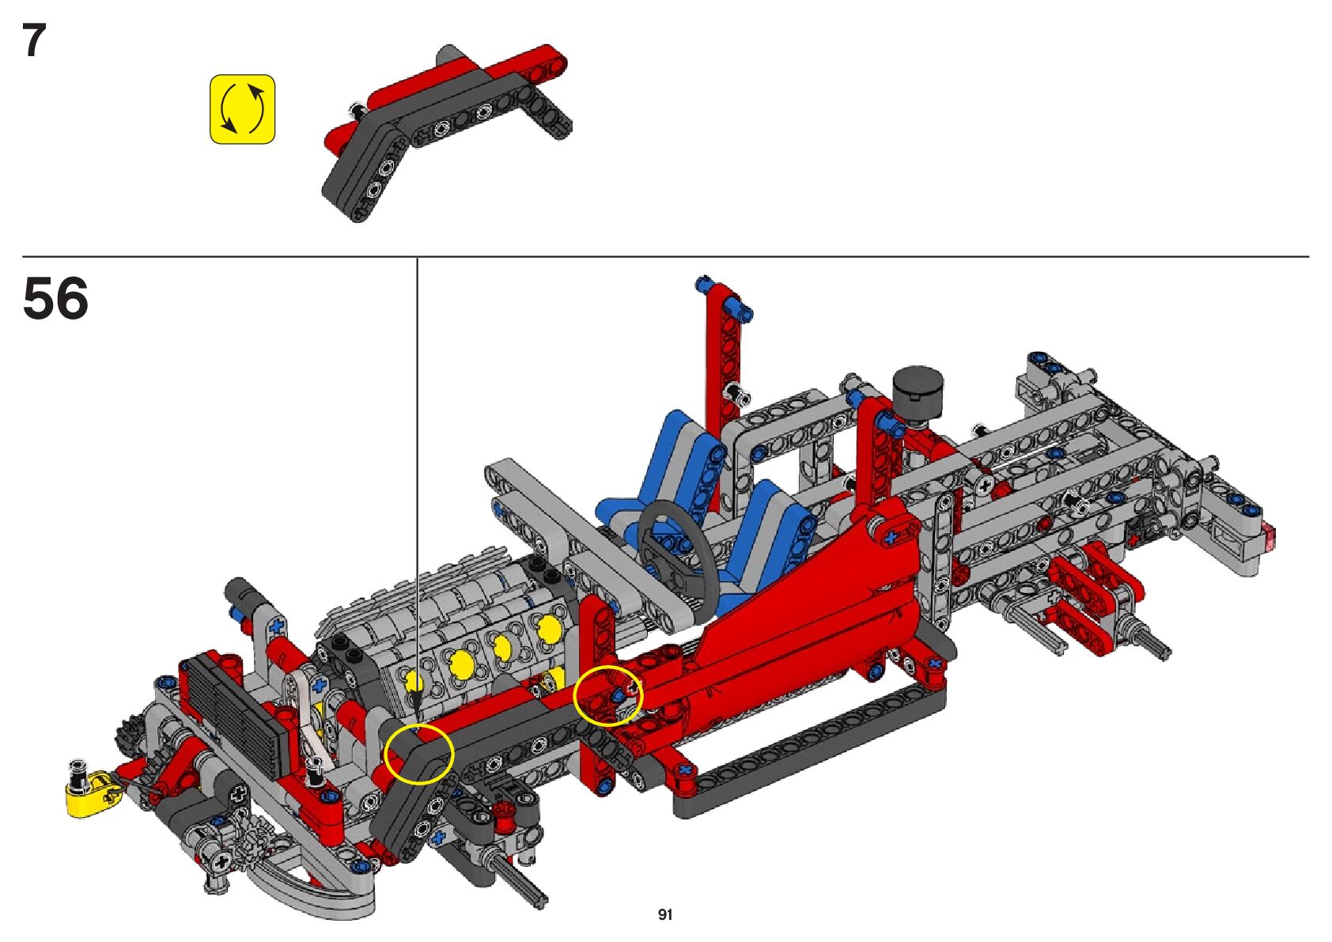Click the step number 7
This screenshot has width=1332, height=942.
click(x=35, y=40)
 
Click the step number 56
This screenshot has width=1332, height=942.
click(x=55, y=298)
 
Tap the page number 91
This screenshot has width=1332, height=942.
click(x=665, y=914)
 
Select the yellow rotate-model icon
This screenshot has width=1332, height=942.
click(x=243, y=109)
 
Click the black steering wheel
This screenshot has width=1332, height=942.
click(x=674, y=544)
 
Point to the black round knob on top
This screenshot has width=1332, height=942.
click(x=918, y=388)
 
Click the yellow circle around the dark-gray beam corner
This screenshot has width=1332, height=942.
click(x=419, y=754)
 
